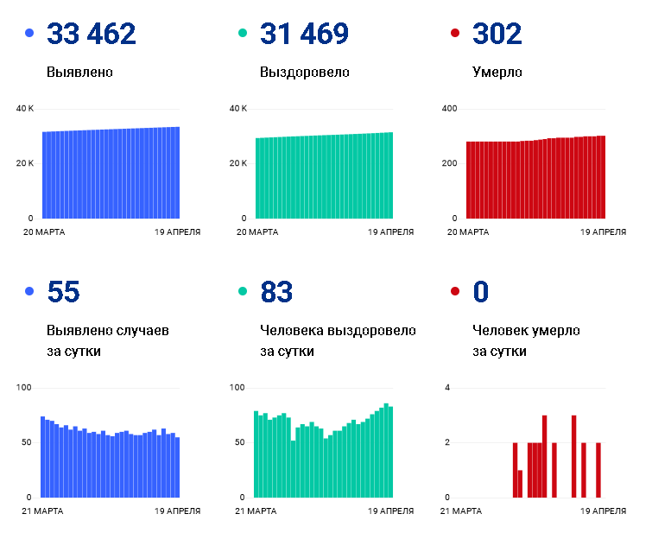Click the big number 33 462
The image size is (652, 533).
point(91,34)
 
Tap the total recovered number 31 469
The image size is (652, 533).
point(304,34)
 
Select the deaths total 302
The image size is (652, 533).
point(497,34)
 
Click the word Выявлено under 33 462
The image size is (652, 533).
point(79,72)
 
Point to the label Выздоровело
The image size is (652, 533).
point(304,73)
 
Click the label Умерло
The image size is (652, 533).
point(497,73)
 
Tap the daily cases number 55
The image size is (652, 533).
point(63,291)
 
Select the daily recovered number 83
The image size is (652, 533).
point(276,291)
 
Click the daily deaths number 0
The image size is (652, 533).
point(481,291)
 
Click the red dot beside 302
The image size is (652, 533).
point(455,33)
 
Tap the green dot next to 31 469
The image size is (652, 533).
point(243,33)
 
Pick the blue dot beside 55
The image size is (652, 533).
point(29,291)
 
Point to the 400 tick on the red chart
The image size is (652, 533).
point(449,109)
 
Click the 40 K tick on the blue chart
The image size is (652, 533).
point(24,109)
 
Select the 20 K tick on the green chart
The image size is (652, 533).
point(237,163)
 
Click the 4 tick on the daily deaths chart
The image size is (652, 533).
point(447,387)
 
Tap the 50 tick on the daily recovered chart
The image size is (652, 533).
point(239,442)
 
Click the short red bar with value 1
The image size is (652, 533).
point(520,484)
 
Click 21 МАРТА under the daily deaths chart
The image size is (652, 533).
point(461,511)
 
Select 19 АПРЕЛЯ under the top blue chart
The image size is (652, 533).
point(178,232)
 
